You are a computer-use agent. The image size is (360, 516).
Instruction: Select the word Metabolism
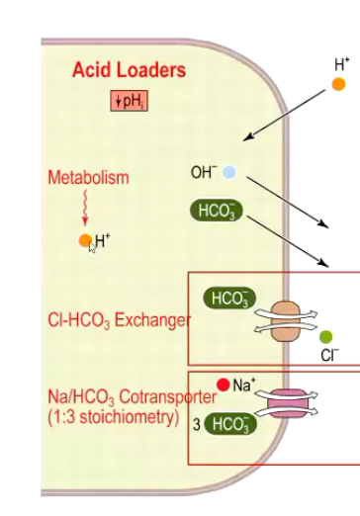88,178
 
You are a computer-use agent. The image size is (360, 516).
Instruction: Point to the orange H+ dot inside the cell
86,240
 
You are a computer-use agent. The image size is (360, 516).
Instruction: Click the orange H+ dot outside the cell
339,84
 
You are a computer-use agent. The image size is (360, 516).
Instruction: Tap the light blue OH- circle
229,173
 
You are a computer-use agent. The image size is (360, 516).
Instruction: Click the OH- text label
203,173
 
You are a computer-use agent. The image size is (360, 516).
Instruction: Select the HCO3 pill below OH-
217,210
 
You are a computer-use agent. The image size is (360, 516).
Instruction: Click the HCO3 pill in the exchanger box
228,298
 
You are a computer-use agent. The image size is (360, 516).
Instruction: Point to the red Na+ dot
225,384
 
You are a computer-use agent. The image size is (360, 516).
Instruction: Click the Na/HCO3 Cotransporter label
132,397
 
